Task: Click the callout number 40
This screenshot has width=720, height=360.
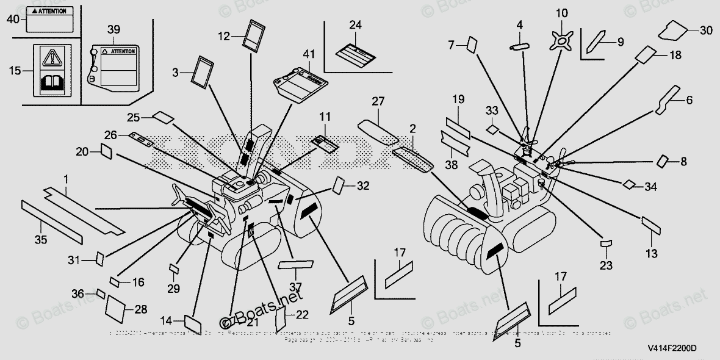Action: (x=13, y=19)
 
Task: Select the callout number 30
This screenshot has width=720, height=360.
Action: (x=705, y=31)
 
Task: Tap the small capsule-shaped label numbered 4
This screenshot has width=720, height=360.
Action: (x=519, y=46)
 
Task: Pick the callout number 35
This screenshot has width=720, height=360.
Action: (x=40, y=240)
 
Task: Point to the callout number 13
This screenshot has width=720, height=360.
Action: (x=651, y=253)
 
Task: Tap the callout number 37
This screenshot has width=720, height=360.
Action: (x=296, y=287)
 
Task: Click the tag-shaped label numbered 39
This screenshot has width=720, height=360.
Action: (x=117, y=67)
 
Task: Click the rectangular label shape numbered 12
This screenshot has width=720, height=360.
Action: (x=253, y=34)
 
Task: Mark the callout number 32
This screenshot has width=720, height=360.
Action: (x=363, y=185)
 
